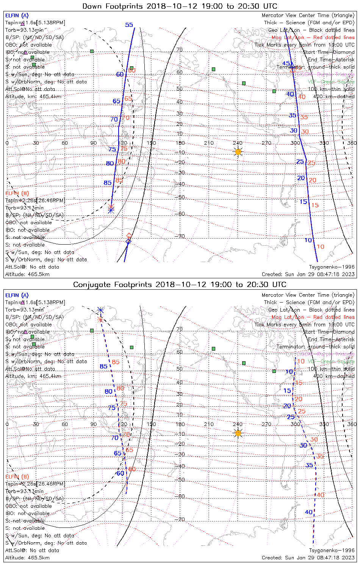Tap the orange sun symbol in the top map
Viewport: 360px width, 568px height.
(238, 152)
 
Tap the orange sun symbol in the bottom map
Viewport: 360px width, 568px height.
(238, 433)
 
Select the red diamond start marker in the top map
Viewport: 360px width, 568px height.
(129, 236)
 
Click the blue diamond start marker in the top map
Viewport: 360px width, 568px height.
(128, 241)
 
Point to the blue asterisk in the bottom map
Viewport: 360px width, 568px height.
(100, 310)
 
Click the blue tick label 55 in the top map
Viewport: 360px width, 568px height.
(129, 25)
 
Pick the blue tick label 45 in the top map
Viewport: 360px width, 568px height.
(286, 64)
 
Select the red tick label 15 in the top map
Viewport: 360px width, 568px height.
(315, 205)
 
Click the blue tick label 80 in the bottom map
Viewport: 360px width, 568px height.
(108, 392)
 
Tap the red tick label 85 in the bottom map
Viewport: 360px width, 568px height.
(116, 362)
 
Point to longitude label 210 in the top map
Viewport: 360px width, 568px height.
(209, 143)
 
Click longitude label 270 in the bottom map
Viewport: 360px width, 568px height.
(266, 424)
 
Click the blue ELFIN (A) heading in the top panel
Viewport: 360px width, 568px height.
(17, 16)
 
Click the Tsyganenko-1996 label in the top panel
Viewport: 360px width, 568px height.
(332, 267)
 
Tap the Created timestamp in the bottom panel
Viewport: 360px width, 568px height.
(308, 558)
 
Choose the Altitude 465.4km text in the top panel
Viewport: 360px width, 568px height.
(33, 97)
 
